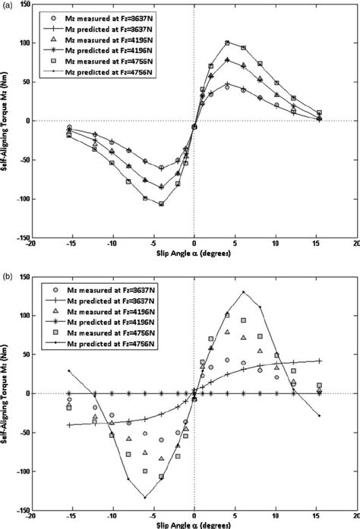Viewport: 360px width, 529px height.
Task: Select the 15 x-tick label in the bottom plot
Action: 317,517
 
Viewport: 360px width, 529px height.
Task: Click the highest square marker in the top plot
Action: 227,43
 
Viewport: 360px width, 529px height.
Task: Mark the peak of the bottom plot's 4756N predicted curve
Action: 243,291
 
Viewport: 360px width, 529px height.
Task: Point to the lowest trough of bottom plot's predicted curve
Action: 144,497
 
